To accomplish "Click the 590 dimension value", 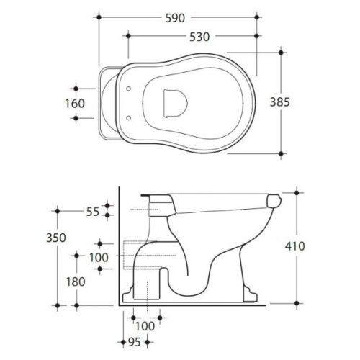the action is point(175,18).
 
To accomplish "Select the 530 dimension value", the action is point(199,37).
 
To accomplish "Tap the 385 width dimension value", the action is point(280,102).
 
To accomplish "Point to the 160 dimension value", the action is point(75,104).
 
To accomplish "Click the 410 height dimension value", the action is point(295,246).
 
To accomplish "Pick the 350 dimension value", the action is point(56,238).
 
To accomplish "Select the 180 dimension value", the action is point(76,282).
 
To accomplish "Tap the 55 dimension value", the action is point(93,212).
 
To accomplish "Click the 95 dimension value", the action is point(135,342).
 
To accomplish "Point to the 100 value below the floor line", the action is point(145,326).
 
